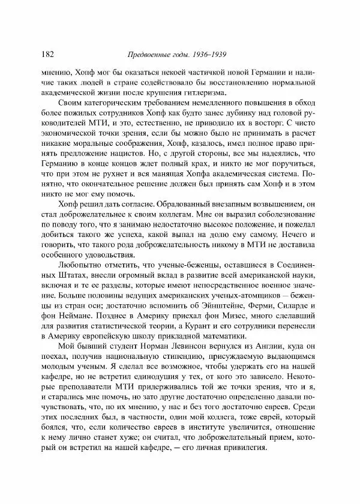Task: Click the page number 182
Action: tap(50, 53)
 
